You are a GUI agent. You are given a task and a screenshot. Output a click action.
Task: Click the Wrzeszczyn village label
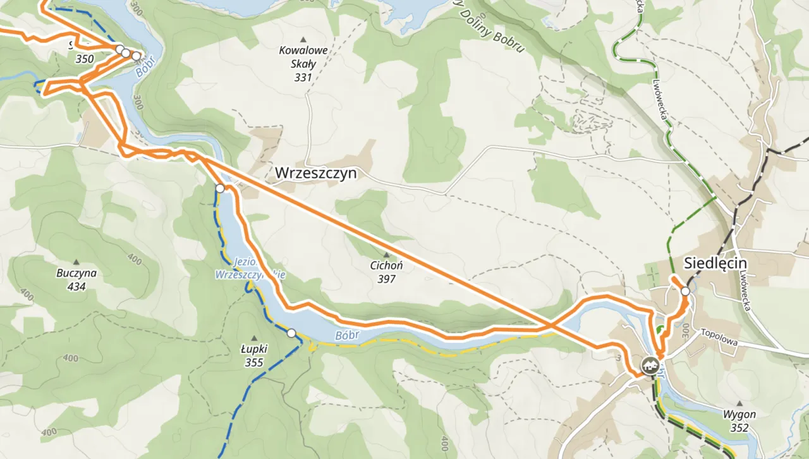pos(315,173)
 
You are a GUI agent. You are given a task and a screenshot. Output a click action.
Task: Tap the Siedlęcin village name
pos(715,264)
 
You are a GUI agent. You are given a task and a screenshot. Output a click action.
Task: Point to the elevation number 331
pos(303,78)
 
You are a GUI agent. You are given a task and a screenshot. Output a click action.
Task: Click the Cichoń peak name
pos(386,266)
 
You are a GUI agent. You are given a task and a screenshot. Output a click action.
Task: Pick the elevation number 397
pos(386,278)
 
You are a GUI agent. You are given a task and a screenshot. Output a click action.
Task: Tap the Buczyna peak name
pos(76,274)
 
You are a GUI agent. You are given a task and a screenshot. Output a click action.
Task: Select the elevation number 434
pos(76,286)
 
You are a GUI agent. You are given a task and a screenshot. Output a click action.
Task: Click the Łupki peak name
pos(255,350)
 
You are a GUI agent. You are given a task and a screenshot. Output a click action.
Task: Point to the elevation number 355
pos(255,363)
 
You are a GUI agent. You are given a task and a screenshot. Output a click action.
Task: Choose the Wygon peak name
pos(739,415)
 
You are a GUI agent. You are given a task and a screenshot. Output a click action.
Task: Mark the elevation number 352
pos(739,428)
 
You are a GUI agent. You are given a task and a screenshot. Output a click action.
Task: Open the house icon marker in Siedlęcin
pos(648,364)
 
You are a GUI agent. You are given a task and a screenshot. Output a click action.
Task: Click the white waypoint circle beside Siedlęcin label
pos(685,291)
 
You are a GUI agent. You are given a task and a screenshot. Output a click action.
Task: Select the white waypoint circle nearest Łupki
pos(291,333)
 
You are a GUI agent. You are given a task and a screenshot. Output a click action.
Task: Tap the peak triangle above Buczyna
pos(76,262)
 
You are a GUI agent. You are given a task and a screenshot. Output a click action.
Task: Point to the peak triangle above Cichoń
pos(386,255)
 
